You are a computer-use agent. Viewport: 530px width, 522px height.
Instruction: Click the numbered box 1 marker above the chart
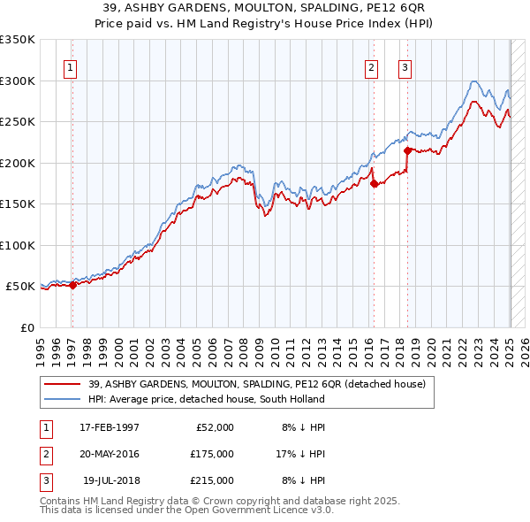pyautogui.click(x=70, y=67)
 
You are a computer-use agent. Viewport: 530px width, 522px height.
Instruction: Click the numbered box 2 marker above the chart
pyautogui.click(x=371, y=67)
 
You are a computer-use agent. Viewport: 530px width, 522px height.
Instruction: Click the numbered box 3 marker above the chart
pyautogui.click(x=405, y=67)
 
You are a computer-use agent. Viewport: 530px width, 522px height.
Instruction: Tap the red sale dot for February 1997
pyautogui.click(x=72, y=285)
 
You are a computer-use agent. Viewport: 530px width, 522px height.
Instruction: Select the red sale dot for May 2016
pyautogui.click(x=374, y=184)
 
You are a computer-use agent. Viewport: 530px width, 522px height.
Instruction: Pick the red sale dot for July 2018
pyautogui.click(x=407, y=151)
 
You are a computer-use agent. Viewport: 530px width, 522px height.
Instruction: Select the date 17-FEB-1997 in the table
pyautogui.click(x=110, y=427)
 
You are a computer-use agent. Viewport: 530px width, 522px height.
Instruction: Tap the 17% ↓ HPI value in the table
pyautogui.click(x=300, y=454)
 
